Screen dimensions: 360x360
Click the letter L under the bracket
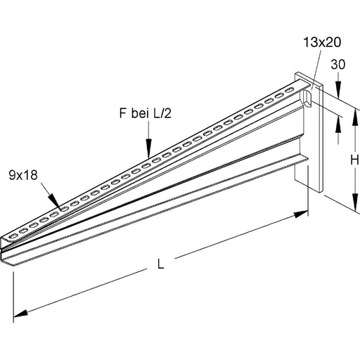[x=160, y=265]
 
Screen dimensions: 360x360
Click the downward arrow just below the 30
[x=339, y=94]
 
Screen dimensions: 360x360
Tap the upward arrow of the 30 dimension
[x=339, y=120]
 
